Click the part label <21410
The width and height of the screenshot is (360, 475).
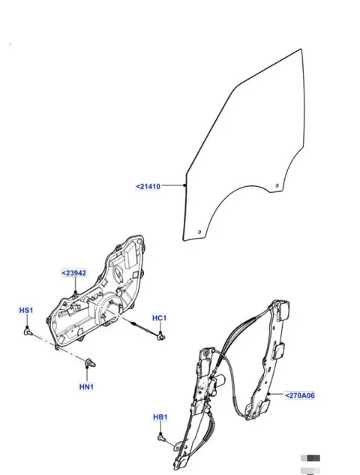point(148,186)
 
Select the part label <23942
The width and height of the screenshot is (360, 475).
point(74,273)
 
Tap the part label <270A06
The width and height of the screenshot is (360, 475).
point(300,395)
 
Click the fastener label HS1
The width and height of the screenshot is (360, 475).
point(26,311)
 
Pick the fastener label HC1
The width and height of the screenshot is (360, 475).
point(159,318)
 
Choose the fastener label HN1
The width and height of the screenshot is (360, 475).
point(86,387)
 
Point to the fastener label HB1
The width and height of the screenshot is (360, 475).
point(160,417)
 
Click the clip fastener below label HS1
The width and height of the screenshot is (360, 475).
point(28,332)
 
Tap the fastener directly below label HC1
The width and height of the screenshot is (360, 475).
point(161,335)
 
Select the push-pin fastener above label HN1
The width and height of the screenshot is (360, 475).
point(90,362)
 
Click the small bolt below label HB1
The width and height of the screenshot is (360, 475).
point(162,438)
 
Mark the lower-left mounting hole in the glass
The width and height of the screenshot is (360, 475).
point(199,233)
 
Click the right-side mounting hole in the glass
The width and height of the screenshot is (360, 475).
point(277,185)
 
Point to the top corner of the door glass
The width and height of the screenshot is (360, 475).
point(301,49)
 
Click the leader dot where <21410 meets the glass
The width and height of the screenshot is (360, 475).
point(185,185)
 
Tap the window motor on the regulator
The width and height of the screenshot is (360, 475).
point(217,380)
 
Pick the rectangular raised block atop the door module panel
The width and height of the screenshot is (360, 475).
point(130,256)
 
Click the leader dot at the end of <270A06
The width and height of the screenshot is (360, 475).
point(268,394)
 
